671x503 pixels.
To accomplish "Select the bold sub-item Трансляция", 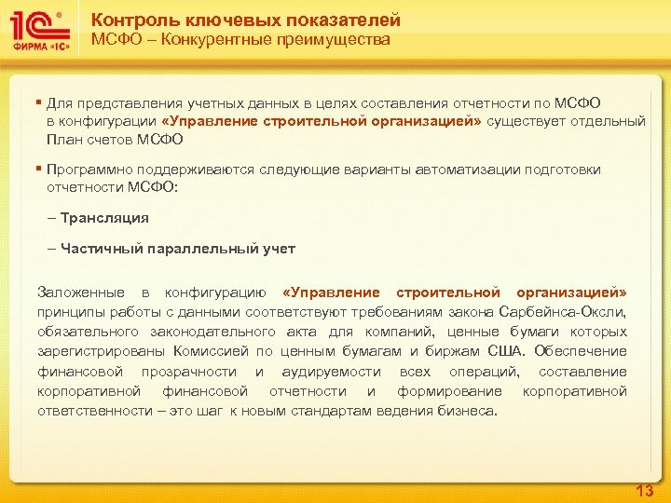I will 104,217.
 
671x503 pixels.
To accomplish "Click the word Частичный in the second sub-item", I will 98,248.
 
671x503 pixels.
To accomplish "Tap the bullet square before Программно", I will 39,169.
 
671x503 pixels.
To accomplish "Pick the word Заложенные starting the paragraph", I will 77,292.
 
